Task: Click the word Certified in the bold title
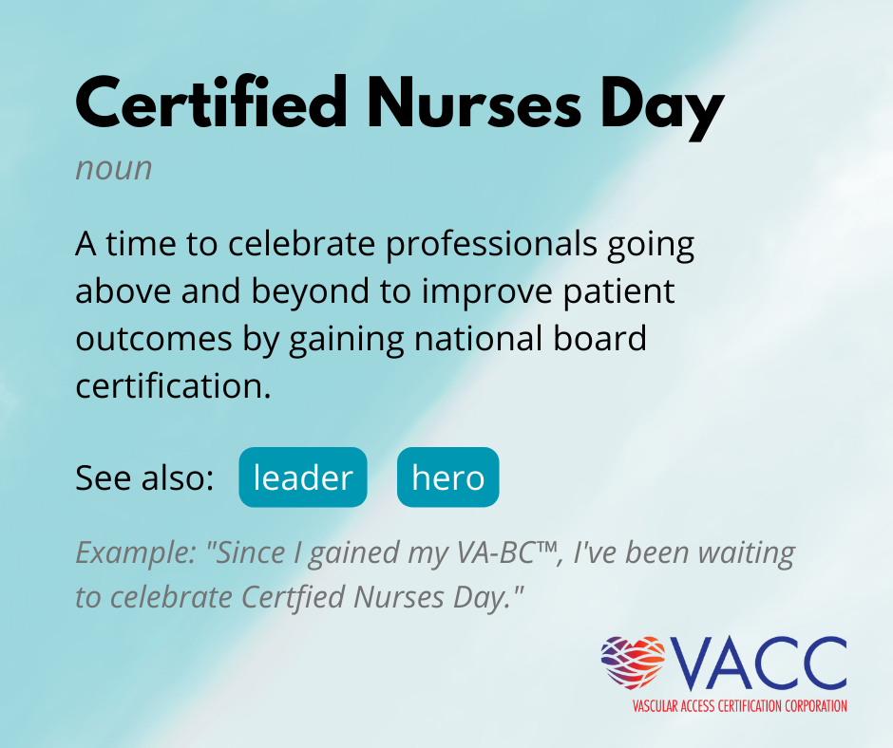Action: click(212, 103)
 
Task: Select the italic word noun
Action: click(114, 169)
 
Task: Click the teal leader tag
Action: click(303, 477)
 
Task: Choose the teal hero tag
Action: click(448, 477)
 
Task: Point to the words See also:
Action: click(144, 477)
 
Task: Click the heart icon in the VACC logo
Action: click(634, 662)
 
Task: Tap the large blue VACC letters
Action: click(758, 663)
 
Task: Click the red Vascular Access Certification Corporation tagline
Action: click(739, 706)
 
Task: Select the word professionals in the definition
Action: click(491, 245)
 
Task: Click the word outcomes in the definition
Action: click(154, 339)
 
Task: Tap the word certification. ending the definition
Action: click(173, 386)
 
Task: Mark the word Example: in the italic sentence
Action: click(136, 553)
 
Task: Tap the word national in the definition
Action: click(473, 339)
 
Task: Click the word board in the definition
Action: click(592, 338)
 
